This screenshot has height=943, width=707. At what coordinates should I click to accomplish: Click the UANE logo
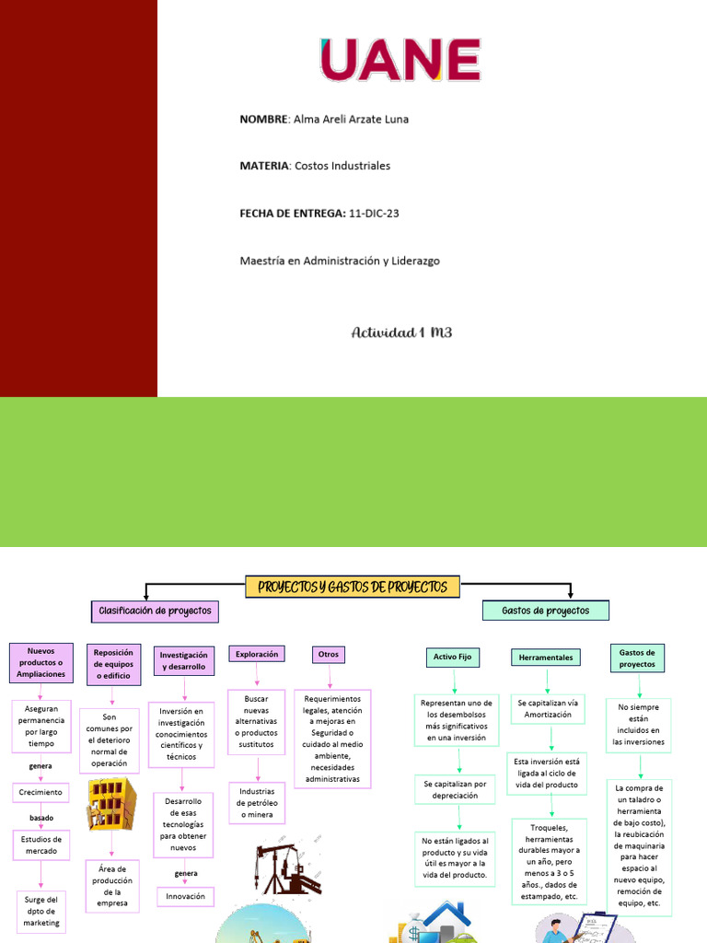point(400,60)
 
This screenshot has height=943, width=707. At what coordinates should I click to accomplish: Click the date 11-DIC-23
point(374,214)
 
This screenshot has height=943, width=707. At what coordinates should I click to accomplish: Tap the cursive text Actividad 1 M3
point(401,332)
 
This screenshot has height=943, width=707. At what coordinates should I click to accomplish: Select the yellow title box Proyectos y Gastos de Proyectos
point(353,587)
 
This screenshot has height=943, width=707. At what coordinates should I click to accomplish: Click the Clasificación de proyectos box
point(155,611)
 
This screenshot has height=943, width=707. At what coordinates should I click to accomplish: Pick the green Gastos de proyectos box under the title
point(546,611)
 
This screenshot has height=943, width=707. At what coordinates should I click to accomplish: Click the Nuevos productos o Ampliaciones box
point(41,663)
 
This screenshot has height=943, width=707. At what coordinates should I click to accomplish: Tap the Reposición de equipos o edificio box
point(113,664)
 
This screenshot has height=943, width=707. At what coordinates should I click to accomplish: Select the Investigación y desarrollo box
point(183,660)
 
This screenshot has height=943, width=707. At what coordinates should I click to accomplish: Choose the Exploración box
point(257,654)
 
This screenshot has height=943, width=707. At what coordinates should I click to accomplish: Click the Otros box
point(328,654)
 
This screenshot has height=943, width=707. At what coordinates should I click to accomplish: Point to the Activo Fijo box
point(452,657)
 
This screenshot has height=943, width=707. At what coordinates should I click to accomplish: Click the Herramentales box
point(546,658)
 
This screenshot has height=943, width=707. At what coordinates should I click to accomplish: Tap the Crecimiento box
point(41,792)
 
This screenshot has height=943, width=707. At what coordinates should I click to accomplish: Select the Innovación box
point(185,896)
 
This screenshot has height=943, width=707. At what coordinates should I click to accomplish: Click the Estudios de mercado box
point(41,844)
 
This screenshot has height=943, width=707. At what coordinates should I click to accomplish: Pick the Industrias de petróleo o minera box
point(257,803)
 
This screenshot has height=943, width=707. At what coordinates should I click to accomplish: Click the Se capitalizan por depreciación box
point(456,789)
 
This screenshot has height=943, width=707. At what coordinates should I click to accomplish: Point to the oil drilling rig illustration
point(285,867)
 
